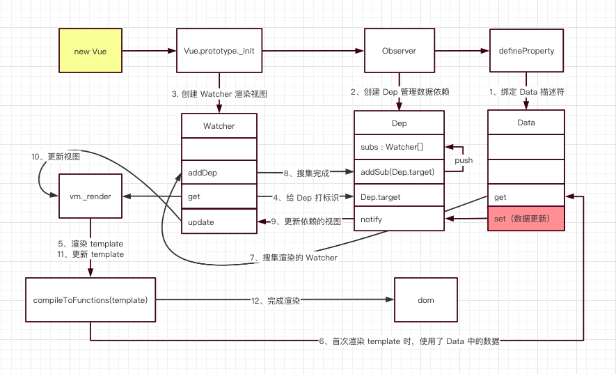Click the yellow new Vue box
point(90,51)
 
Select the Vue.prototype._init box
point(219,51)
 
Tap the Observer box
point(399,51)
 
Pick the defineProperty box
point(526,51)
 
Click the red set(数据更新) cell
point(526,219)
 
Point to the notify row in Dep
point(399,219)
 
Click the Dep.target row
point(399,197)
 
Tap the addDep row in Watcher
point(219,171)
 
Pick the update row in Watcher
point(219,221)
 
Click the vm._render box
point(90,196)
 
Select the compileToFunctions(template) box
point(90,300)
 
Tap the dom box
point(426,300)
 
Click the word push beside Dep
point(464,160)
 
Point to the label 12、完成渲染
point(275,300)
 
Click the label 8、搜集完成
point(306,171)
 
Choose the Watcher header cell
point(219,126)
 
